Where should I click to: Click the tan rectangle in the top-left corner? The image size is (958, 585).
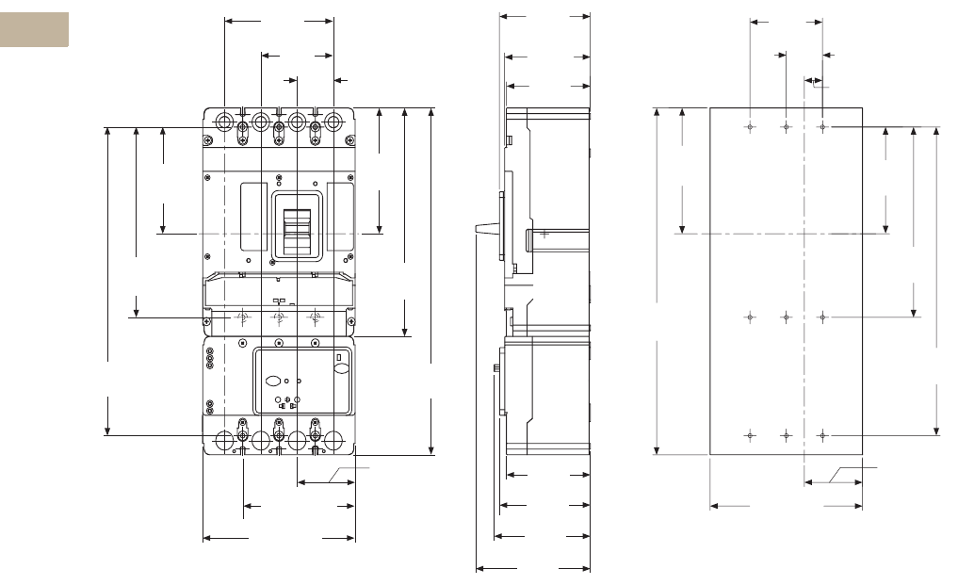point(34,29)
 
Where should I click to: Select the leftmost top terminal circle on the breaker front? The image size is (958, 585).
point(224,122)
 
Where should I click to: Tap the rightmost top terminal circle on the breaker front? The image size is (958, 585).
point(333,122)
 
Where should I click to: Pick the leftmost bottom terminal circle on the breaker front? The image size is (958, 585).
point(224,440)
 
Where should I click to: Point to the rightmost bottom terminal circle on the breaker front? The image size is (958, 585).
point(333,440)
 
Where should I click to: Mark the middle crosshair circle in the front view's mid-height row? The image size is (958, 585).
point(278,318)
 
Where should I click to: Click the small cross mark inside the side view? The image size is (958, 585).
point(544,234)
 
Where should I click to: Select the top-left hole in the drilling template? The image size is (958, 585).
point(750,126)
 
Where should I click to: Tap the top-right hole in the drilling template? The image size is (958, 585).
point(822,126)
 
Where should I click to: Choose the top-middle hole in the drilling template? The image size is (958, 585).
point(786,126)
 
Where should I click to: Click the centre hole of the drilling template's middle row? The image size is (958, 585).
point(786,317)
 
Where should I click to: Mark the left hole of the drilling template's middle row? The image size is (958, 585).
point(750,317)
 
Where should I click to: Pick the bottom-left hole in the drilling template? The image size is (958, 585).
point(750,435)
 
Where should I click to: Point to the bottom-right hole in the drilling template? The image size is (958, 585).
point(822,435)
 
